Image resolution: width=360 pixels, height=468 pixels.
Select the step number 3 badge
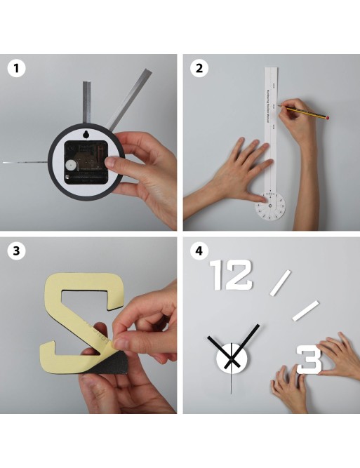(x=13, y=250)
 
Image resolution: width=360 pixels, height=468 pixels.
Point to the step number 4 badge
(x=199, y=250)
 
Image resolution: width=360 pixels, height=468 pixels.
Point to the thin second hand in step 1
(x=21, y=163)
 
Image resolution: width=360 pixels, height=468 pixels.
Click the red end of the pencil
(x=327, y=118)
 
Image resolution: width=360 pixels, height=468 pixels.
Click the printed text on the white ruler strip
(x=269, y=105)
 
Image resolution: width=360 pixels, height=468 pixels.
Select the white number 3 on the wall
(x=308, y=359)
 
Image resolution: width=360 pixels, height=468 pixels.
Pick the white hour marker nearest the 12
(x=280, y=282)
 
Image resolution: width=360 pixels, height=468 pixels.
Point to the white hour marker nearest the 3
(x=305, y=311)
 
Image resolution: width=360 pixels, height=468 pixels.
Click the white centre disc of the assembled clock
(x=231, y=359)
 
